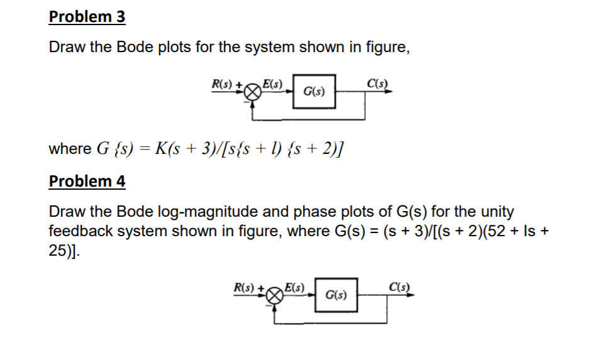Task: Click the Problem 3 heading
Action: [87, 17]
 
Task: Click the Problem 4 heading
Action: [87, 182]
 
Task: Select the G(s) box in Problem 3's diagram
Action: [314, 92]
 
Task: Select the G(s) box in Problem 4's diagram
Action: [336, 294]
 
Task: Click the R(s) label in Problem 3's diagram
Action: [223, 83]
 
